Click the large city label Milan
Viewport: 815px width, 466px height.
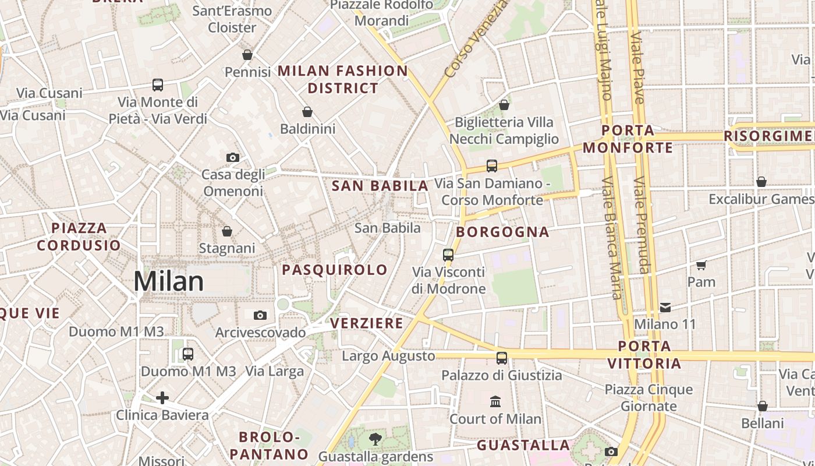pos(168,282)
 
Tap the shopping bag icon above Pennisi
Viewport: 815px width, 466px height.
pos(247,55)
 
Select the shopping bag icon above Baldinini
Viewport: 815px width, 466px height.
pos(307,112)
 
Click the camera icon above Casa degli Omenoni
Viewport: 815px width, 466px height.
pos(232,157)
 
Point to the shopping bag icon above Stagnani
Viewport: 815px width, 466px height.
pos(227,231)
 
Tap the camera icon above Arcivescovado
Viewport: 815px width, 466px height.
pos(260,315)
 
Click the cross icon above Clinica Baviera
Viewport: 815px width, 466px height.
pos(162,398)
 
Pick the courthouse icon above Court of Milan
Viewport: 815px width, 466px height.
pos(495,401)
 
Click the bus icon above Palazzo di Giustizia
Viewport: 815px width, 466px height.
pos(502,358)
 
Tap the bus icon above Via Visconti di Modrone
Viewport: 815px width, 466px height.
pos(448,255)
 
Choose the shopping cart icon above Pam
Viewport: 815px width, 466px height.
pos(701,265)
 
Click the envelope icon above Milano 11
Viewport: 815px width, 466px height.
pos(665,307)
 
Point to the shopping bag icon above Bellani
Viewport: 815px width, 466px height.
pos(763,405)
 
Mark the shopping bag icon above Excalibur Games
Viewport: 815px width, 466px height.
pos(761,182)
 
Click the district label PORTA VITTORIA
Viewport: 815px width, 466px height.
pos(644,355)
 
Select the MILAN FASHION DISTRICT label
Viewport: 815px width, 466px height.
pos(343,80)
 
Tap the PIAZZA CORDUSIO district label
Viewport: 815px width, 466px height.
pos(79,236)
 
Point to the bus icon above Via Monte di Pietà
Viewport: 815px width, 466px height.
pos(158,85)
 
